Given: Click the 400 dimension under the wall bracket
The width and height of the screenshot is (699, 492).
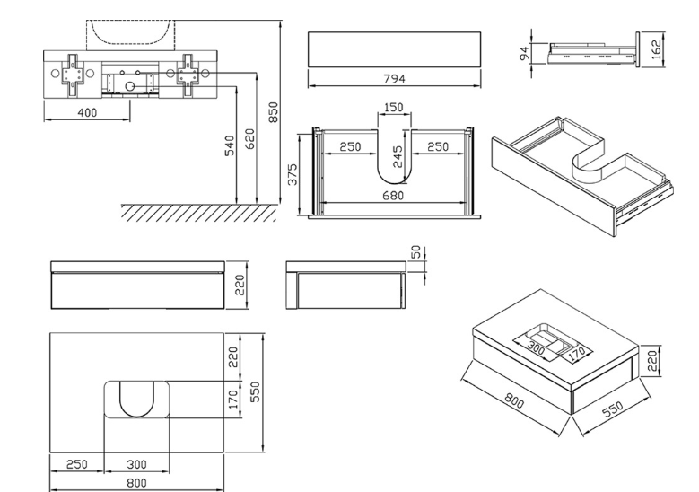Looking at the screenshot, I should tap(87, 112).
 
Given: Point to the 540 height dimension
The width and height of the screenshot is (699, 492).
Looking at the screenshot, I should tap(230, 144).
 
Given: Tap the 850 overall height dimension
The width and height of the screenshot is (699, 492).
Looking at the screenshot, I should tap(275, 111).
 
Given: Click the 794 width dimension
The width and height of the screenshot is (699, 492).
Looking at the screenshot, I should tap(395, 79).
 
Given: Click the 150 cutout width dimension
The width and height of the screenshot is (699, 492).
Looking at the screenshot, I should tap(393, 108).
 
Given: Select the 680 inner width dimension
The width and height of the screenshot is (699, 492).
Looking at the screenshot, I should tap(393, 195).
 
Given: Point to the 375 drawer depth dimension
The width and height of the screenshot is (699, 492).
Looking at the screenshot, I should tap(292, 172).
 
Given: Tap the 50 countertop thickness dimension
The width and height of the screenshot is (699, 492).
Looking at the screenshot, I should tap(415, 253).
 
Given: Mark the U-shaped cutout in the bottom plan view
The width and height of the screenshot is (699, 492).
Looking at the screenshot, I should tap(136, 400).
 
